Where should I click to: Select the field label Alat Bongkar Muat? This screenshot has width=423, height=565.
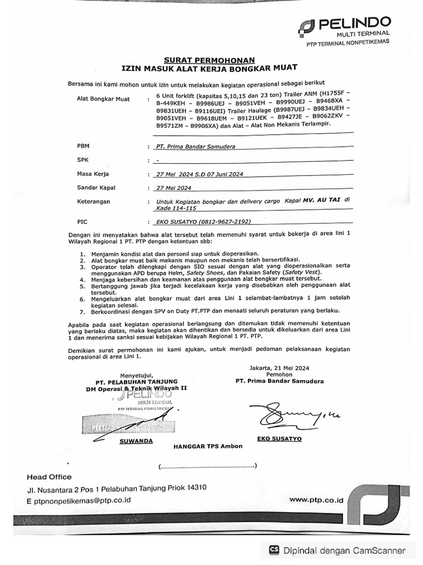pos(104,99)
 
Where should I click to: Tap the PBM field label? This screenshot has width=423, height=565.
pos(83,146)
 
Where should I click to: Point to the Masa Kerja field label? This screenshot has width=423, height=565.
pos(93,174)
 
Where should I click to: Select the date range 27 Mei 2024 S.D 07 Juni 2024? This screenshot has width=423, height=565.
pos(200,174)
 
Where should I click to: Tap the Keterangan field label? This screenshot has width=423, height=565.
pos(94,201)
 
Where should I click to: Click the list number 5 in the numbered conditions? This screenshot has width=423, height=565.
pos(82,287)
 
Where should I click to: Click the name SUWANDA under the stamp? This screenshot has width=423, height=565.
pos(135,441)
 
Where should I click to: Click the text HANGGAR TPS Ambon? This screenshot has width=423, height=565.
pos(208,446)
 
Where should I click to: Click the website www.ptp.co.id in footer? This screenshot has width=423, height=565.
pos(316,499)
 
